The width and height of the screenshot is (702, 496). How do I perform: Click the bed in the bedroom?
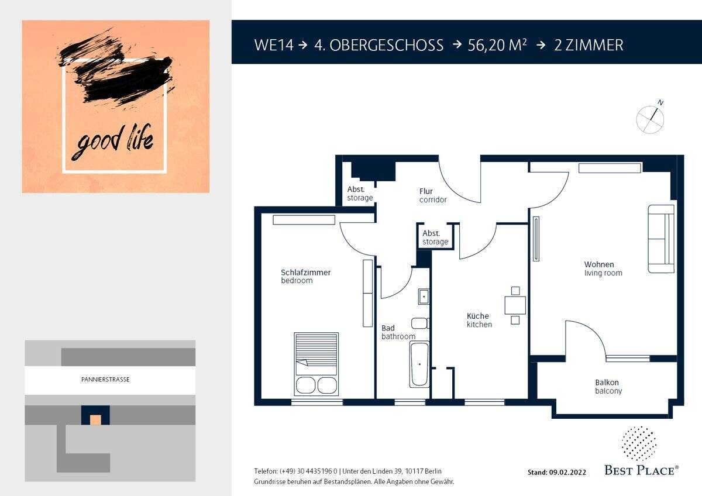click(316, 364)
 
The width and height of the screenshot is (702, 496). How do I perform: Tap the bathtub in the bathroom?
click(419, 364)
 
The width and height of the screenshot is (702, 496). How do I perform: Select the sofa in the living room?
click(661, 239)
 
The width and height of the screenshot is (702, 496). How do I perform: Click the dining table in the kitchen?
click(515, 305)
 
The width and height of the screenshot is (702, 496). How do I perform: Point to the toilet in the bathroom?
click(420, 323)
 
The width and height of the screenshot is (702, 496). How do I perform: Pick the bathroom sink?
click(424, 297)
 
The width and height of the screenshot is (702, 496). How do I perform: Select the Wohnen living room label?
click(603, 268)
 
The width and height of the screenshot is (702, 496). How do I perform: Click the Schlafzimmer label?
click(305, 273)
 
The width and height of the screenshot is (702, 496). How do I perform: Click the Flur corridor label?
click(433, 195)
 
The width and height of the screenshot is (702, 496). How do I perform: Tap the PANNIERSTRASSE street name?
click(105, 380)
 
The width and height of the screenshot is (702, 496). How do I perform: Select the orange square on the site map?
click(95, 420)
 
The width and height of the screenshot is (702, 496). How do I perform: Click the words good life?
click(112, 142)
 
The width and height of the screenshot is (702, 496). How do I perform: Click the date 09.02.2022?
click(567, 473)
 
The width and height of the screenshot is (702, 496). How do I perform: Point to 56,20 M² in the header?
click(497, 45)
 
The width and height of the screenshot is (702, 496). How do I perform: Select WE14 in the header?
click(274, 45)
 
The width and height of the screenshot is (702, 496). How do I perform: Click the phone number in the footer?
click(308, 471)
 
